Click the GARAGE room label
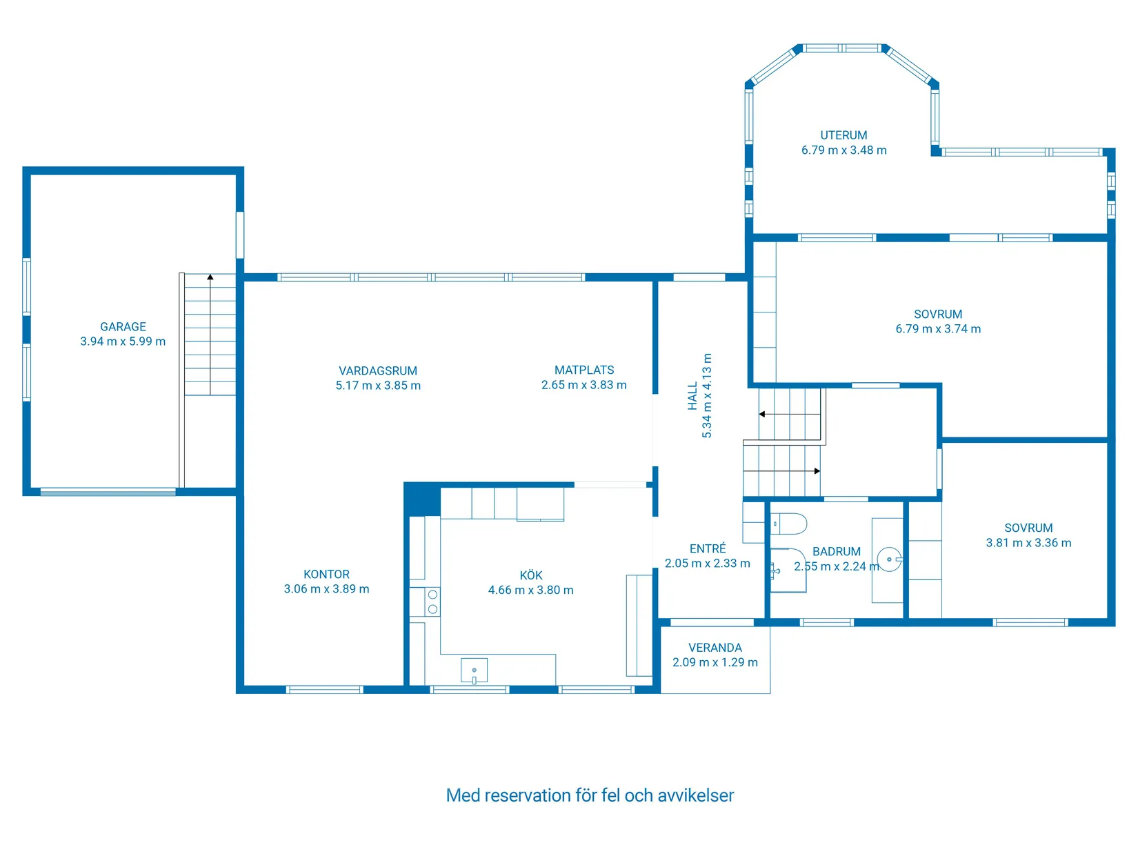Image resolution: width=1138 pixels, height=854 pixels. (123, 327)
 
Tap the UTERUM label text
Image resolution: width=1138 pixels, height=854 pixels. (843, 135)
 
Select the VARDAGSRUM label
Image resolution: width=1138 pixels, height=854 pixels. (378, 371)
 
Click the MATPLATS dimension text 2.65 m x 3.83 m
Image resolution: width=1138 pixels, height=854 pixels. (583, 385)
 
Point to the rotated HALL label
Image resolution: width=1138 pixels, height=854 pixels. (692, 397)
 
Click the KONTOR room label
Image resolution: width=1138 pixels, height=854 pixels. (326, 575)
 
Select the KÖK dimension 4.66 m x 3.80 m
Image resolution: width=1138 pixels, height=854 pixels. (530, 590)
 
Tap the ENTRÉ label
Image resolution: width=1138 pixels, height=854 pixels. (708, 549)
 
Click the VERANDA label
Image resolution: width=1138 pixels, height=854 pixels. (715, 648)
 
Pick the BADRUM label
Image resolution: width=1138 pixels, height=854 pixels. (836, 552)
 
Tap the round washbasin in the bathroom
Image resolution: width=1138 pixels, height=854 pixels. (889, 559)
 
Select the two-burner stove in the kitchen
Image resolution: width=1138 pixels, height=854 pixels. (432, 602)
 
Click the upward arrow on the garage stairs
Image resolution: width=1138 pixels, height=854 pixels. (210, 277)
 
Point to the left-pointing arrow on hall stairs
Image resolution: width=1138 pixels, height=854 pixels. (762, 414)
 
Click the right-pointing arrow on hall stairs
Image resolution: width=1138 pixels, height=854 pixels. (817, 471)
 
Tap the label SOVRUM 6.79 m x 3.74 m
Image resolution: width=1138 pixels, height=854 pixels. (937, 321)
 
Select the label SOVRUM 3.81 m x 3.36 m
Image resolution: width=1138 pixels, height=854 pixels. (1028, 535)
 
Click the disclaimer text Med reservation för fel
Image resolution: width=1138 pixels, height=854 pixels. (590, 795)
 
